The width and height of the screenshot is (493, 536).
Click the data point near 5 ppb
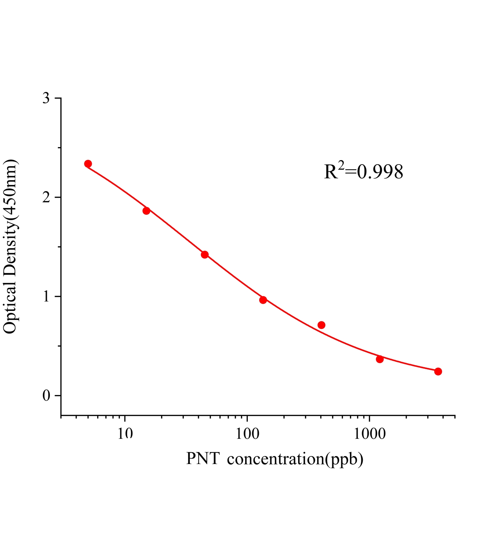(88, 164)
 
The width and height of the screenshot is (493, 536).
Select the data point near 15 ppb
(146, 211)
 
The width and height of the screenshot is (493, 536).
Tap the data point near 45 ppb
(205, 255)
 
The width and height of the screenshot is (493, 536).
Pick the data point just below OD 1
(263, 300)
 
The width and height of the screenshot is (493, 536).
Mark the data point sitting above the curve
(322, 325)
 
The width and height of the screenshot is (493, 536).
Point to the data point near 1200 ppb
(380, 359)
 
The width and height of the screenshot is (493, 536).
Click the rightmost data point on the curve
(438, 372)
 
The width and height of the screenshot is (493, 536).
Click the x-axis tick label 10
(125, 434)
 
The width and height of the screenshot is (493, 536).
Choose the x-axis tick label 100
(247, 434)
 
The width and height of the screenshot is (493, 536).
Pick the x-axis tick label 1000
(369, 434)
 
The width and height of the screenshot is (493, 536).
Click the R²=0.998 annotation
(364, 172)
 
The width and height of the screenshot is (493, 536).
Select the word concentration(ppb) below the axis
(295, 459)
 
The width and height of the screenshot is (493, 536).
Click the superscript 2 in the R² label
(341, 165)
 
